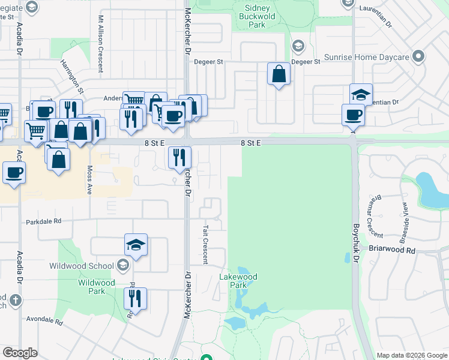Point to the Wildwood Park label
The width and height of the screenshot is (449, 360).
coord(96,287)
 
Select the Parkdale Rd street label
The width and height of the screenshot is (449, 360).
coord(44,221)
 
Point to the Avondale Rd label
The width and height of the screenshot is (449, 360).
coord(43,319)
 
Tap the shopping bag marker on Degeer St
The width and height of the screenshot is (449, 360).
coord(279,74)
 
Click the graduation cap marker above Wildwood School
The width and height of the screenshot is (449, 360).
coord(136,245)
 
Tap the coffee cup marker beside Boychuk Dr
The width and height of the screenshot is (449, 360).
coord(354,115)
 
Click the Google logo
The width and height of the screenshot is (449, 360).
coord(20,353)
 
